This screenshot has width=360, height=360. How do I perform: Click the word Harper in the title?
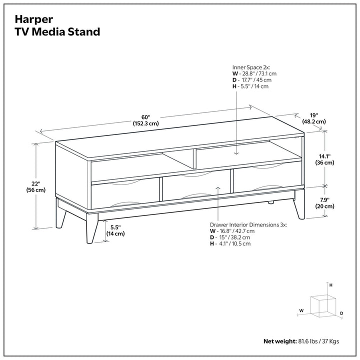point(34,19)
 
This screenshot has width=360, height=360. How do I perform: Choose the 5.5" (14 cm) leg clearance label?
point(115,230)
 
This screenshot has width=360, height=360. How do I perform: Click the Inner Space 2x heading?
point(251,67)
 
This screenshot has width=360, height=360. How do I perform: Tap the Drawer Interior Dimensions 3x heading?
point(248,225)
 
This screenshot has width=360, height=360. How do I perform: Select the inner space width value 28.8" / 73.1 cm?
point(258,73)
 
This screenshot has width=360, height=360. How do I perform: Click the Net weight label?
point(280,341)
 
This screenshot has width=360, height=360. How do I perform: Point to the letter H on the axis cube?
point(331,285)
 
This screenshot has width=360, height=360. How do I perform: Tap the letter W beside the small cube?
point(301,310)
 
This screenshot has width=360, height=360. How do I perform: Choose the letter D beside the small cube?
point(341,313)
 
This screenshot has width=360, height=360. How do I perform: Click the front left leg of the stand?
point(92,228)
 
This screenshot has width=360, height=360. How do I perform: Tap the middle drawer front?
point(196,185)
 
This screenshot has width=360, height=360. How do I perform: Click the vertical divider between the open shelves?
point(194,159)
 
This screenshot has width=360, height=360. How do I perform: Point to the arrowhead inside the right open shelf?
point(236,153)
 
